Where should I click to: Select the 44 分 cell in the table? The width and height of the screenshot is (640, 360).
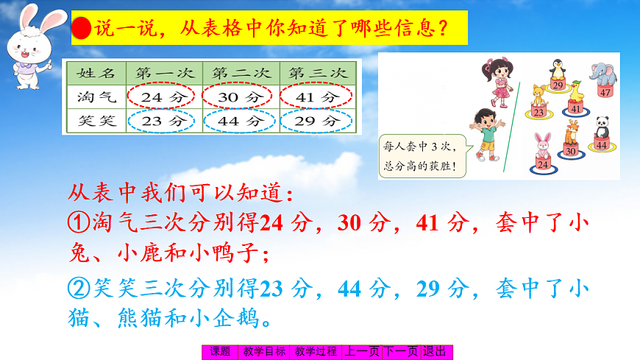pyautogui.click(x=240, y=120)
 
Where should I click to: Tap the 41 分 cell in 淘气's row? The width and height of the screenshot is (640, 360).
pyautogui.click(x=318, y=96)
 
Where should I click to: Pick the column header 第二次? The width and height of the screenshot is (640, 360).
pyautogui.click(x=240, y=74)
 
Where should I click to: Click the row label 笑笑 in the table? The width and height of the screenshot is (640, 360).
pyautogui.click(x=94, y=120)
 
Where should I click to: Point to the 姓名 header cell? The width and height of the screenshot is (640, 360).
pyautogui.click(x=94, y=74)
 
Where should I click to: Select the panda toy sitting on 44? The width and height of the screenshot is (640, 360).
pyautogui.click(x=602, y=127)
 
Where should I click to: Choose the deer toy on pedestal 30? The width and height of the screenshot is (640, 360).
pyautogui.click(x=570, y=135)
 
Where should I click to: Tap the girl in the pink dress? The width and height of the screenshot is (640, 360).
pyautogui.click(x=498, y=80)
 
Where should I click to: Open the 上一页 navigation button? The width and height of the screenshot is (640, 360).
pyautogui.click(x=363, y=352)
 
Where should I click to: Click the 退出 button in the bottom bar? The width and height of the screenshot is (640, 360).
pyautogui.click(x=435, y=352)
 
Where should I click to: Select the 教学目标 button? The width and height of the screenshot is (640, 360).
pyautogui.click(x=264, y=352)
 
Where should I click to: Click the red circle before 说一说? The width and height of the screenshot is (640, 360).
pyautogui.click(x=82, y=29)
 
